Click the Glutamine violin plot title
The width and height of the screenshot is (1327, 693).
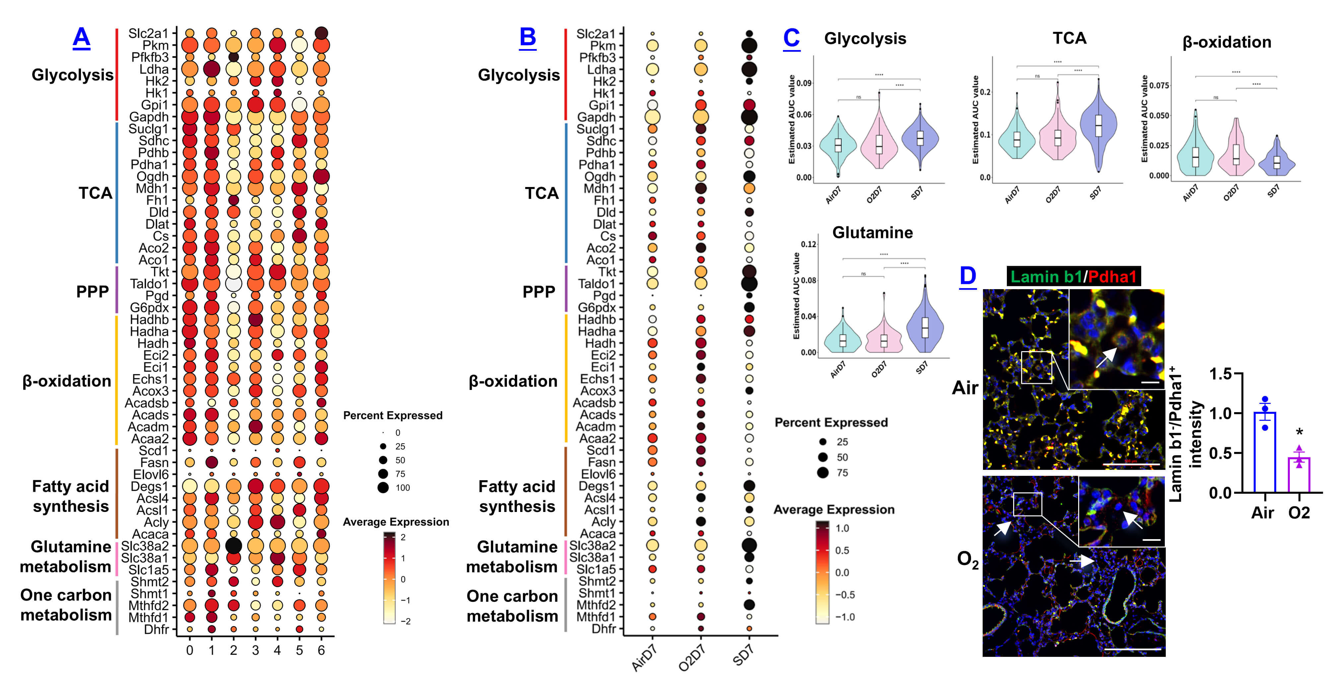(x=872, y=233)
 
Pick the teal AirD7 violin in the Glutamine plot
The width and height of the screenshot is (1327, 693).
(x=843, y=340)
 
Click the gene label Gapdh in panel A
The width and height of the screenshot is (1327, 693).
(x=149, y=117)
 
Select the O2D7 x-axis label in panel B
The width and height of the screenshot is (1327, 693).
(x=691, y=658)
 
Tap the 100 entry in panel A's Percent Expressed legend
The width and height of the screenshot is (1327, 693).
(x=402, y=487)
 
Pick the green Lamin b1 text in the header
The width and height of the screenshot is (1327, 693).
(x=1045, y=277)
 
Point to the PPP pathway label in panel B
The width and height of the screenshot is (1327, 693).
(x=539, y=291)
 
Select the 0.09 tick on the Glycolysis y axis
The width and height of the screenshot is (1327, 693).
(x=803, y=83)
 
